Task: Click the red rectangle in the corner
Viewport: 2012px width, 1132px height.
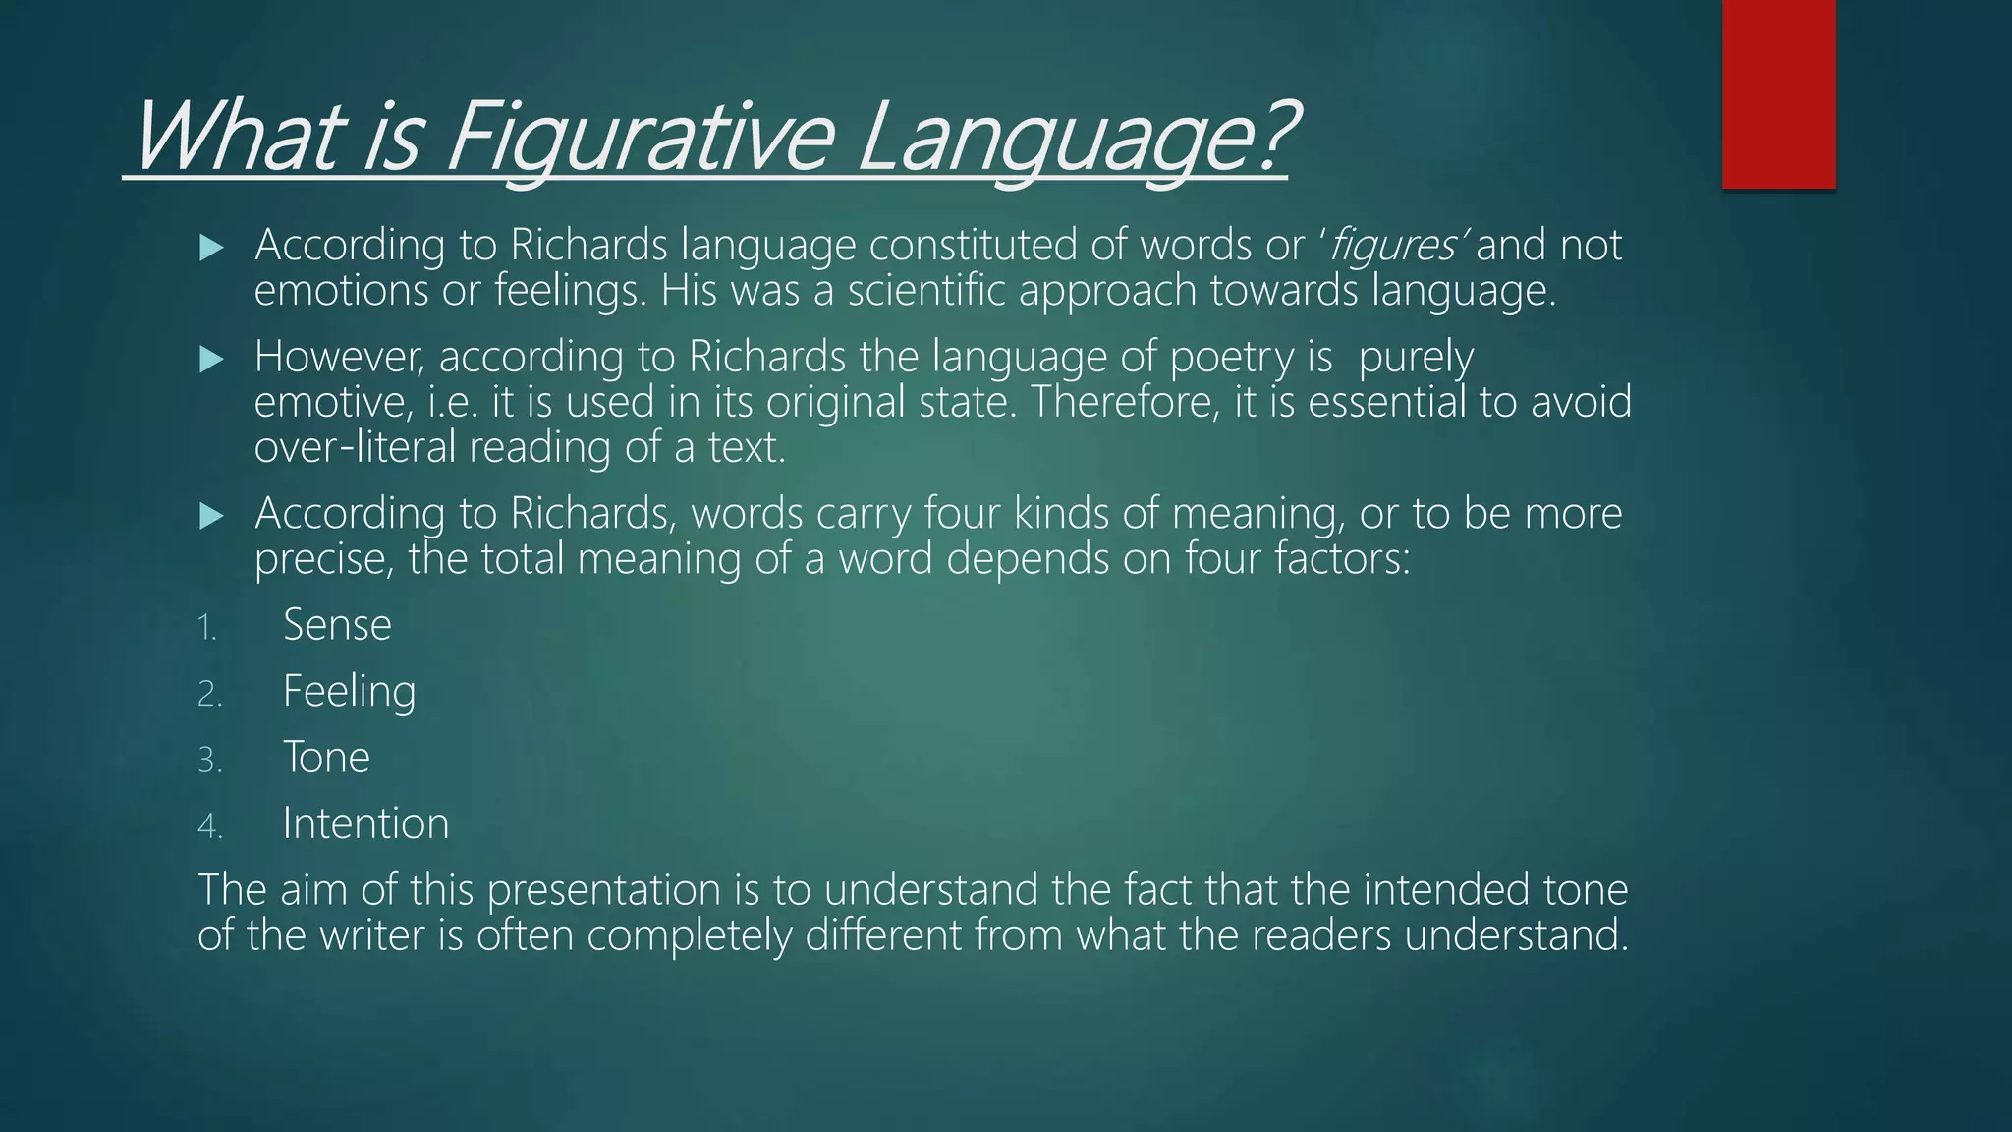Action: pyautogui.click(x=1778, y=93)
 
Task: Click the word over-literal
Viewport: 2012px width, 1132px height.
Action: pyautogui.click(x=356, y=447)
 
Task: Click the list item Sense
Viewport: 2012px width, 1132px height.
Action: pyautogui.click(x=337, y=625)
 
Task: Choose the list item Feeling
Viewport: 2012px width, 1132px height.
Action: pyautogui.click(x=349, y=692)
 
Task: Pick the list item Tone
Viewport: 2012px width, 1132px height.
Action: pyautogui.click(x=326, y=758)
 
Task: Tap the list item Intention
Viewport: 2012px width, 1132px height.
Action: pyautogui.click(x=365, y=823)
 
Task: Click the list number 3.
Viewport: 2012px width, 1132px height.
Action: pyautogui.click(x=209, y=761)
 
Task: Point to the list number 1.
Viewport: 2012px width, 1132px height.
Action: pyautogui.click(x=206, y=628)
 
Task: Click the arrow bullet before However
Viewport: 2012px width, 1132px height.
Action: pyautogui.click(x=211, y=360)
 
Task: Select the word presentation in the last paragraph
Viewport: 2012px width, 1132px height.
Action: pyautogui.click(x=604, y=890)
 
